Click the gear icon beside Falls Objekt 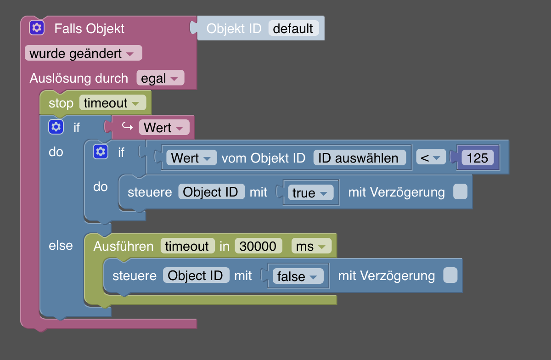pyautogui.click(x=37, y=28)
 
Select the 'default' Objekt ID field pyautogui.click(x=293, y=28)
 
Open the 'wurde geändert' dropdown pyautogui.click(x=83, y=53)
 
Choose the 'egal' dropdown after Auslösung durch pyautogui.click(x=160, y=78)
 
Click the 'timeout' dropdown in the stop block pyautogui.click(x=112, y=103)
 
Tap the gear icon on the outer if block pyautogui.click(x=56, y=127)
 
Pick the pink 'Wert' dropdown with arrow pyautogui.click(x=163, y=128)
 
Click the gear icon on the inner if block pyautogui.click(x=101, y=152)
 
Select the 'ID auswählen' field pyautogui.click(x=360, y=158)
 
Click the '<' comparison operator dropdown pyautogui.click(x=430, y=158)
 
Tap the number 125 pyautogui.click(x=477, y=158)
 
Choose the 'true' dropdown pyautogui.click(x=310, y=193)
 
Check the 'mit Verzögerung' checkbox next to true pyautogui.click(x=460, y=192)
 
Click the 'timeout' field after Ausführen pyautogui.click(x=187, y=246)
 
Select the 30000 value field pyautogui.click(x=258, y=246)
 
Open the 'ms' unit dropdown pyautogui.click(x=311, y=246)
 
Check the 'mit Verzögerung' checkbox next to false pyautogui.click(x=450, y=276)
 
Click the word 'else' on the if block pyautogui.click(x=61, y=245)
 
